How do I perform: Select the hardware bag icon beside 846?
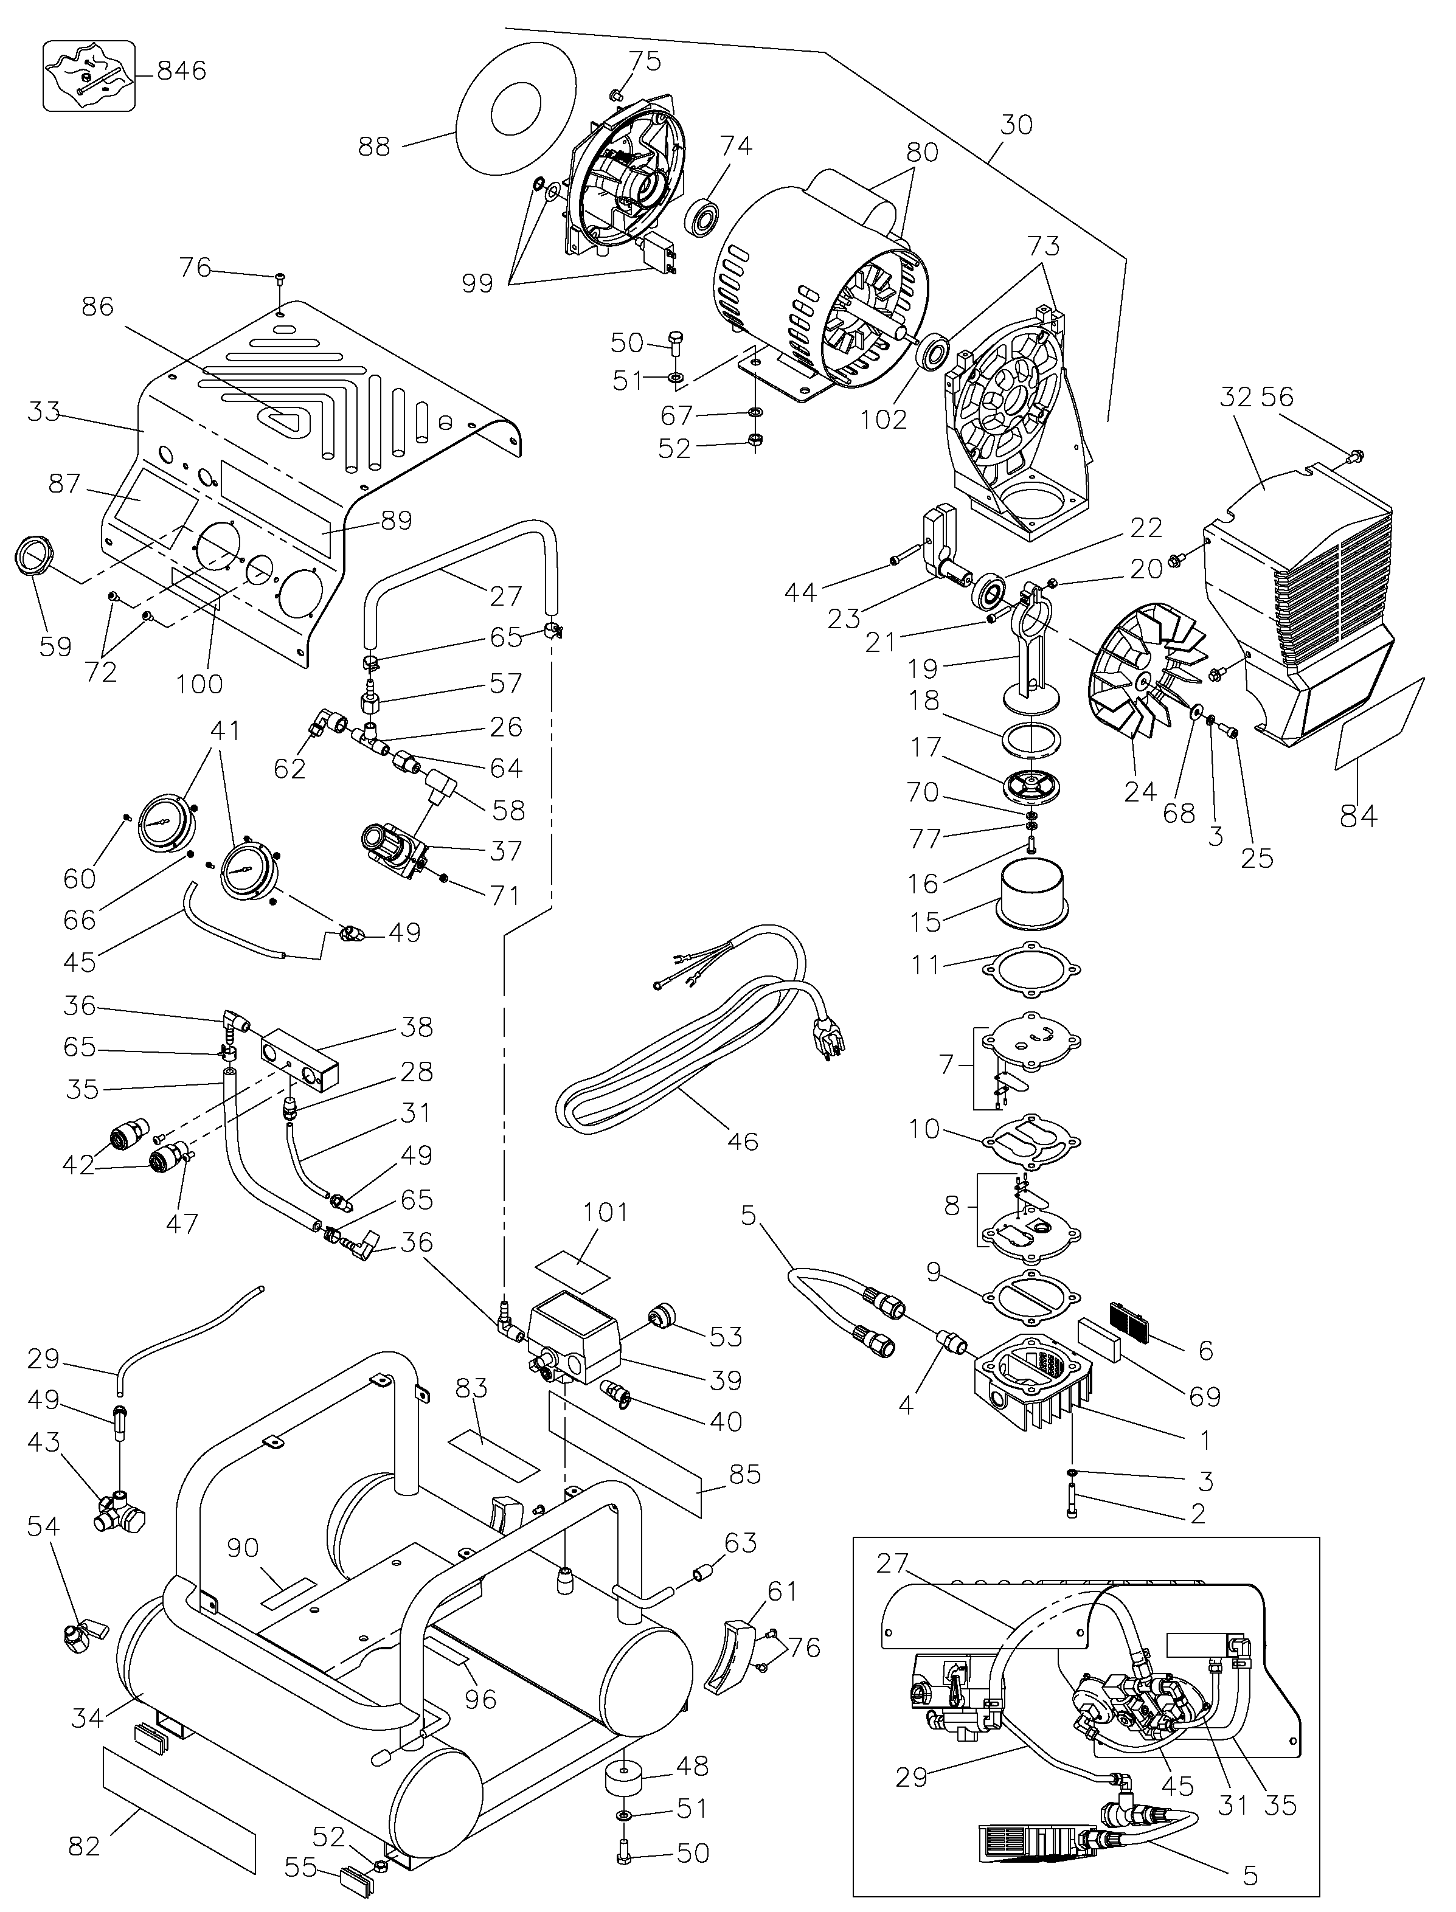coord(89,75)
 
